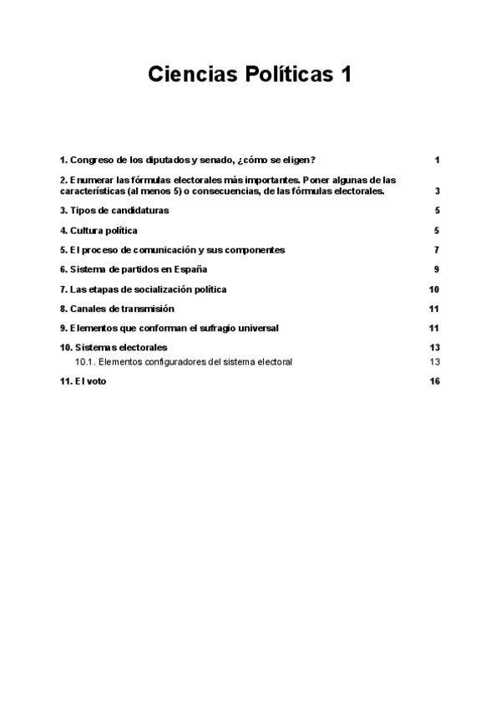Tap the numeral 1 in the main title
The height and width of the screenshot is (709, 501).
click(x=345, y=74)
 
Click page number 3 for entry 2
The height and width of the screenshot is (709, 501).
click(x=437, y=191)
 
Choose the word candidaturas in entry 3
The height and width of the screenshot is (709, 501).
click(x=139, y=211)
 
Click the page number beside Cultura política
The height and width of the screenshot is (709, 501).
click(x=437, y=230)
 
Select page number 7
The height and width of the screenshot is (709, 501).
click(x=437, y=250)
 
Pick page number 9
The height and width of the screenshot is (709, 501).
click(x=437, y=269)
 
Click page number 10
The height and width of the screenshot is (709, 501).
click(x=434, y=289)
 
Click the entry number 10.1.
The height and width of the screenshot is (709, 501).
click(x=86, y=362)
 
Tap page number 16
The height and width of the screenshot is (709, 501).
click(x=434, y=381)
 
